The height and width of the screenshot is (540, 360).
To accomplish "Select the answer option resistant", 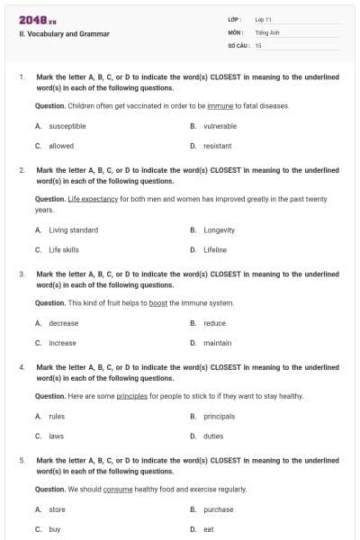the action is click(x=217, y=146).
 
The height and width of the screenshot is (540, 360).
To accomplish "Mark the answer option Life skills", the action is click(x=64, y=249).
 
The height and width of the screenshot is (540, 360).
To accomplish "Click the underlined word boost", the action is click(x=158, y=303).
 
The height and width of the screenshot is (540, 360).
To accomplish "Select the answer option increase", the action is click(x=62, y=343).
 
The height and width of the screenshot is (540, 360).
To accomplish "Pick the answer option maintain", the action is click(x=217, y=343).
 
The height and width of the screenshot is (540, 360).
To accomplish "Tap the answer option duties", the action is click(x=213, y=436).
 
